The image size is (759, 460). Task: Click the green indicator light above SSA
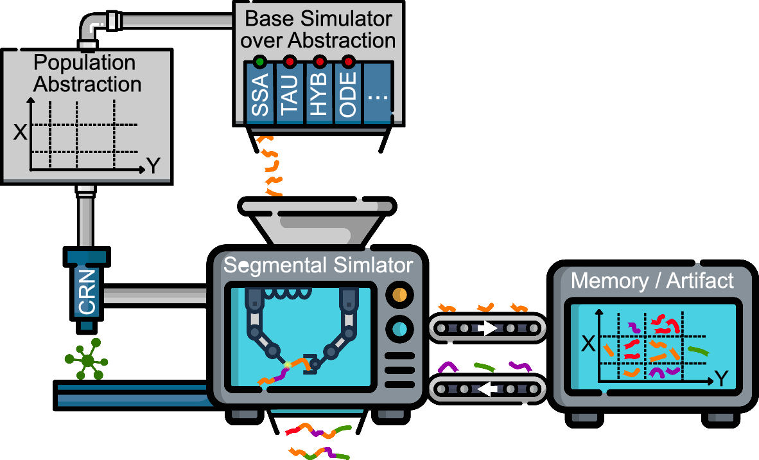[x=259, y=62]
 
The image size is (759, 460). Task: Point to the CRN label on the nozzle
[x=87, y=292]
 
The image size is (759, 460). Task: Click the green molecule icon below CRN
[x=87, y=360]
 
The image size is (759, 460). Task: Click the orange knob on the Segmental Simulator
[x=398, y=296]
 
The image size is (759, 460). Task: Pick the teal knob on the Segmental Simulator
[x=398, y=329]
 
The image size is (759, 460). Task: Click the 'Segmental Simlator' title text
[x=318, y=265]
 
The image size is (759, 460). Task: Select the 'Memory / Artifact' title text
[x=652, y=281]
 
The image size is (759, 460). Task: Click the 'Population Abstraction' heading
[x=87, y=73]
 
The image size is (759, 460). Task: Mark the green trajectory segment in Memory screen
[x=699, y=351]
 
